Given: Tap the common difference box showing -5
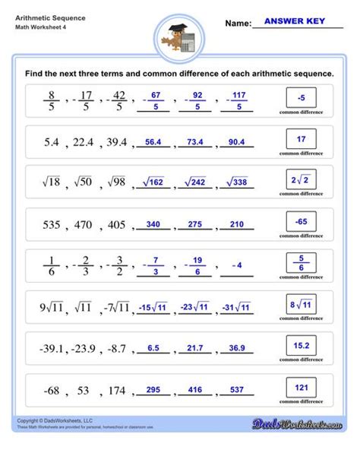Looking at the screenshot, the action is click(302, 97).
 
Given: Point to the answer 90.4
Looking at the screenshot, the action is click(236, 141).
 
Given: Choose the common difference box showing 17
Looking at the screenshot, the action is click(302, 139).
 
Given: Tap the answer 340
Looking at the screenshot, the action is click(153, 224).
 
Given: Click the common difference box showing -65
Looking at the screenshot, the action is click(302, 222).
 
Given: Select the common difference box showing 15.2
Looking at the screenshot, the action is click(302, 347).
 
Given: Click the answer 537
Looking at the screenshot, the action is click(237, 390).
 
